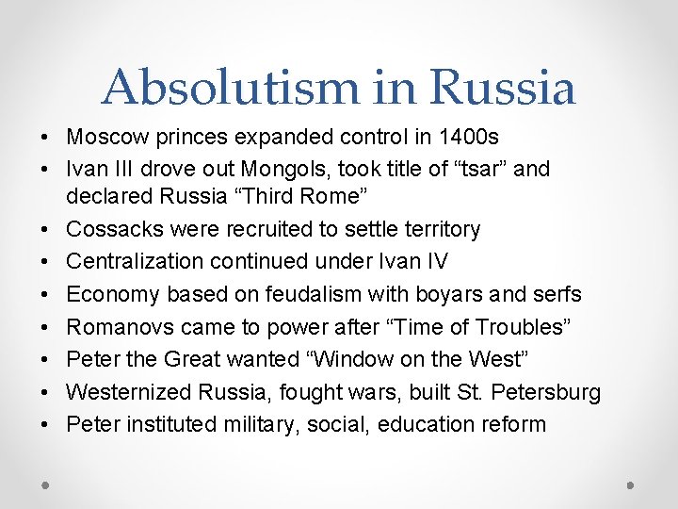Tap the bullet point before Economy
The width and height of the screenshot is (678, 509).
(45, 294)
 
